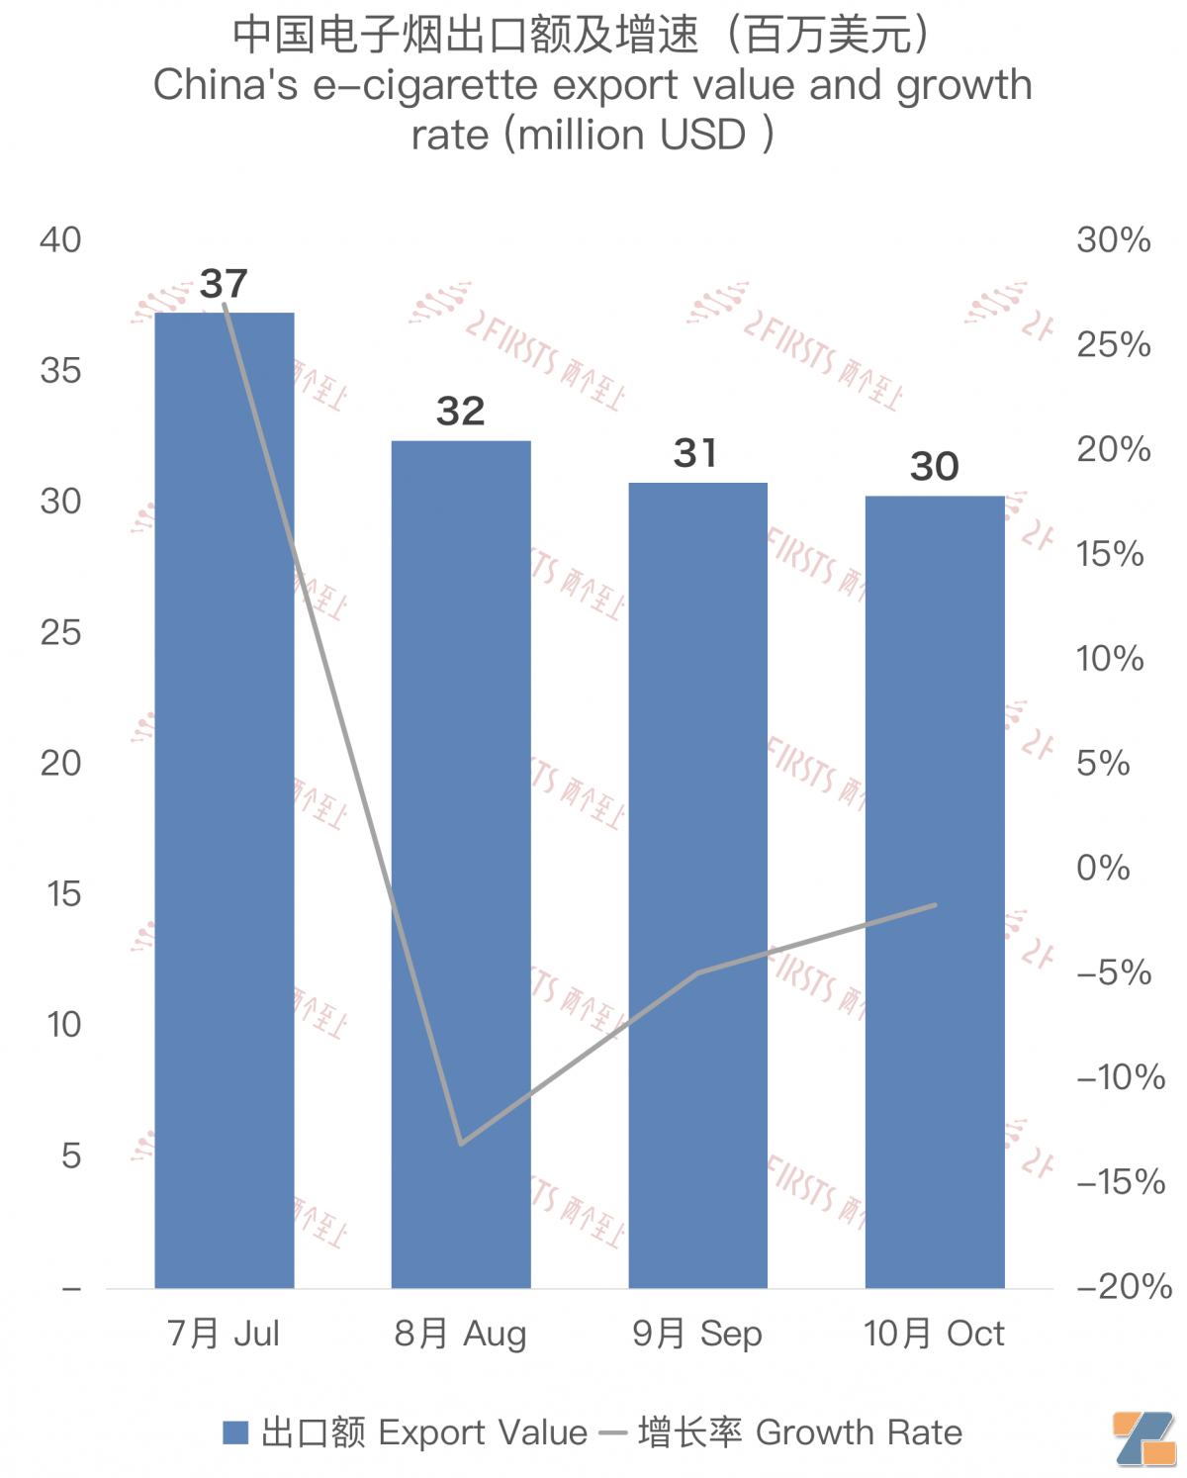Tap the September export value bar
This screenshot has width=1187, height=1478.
coord(698,884)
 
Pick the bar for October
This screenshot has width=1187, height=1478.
coord(935,890)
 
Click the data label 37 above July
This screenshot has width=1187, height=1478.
coord(224,285)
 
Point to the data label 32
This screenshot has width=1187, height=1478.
coord(461,412)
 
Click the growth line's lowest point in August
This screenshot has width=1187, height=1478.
coord(461,1144)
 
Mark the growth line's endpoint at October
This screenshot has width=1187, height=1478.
coord(935,904)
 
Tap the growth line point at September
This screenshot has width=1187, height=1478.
coord(698,972)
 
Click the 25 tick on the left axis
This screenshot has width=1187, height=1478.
coord(60,632)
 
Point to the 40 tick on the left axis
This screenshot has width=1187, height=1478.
coord(60,239)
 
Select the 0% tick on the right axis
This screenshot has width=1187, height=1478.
coord(1103,868)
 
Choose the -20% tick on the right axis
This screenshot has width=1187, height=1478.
coord(1124,1286)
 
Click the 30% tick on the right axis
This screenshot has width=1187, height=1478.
coord(1114,239)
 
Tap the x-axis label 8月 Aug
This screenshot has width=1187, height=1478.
coord(461,1334)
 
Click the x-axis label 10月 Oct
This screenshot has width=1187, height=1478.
coord(934,1334)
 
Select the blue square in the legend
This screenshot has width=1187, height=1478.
coord(235,1432)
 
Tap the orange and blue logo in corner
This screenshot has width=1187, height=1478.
coord(1144,1438)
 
